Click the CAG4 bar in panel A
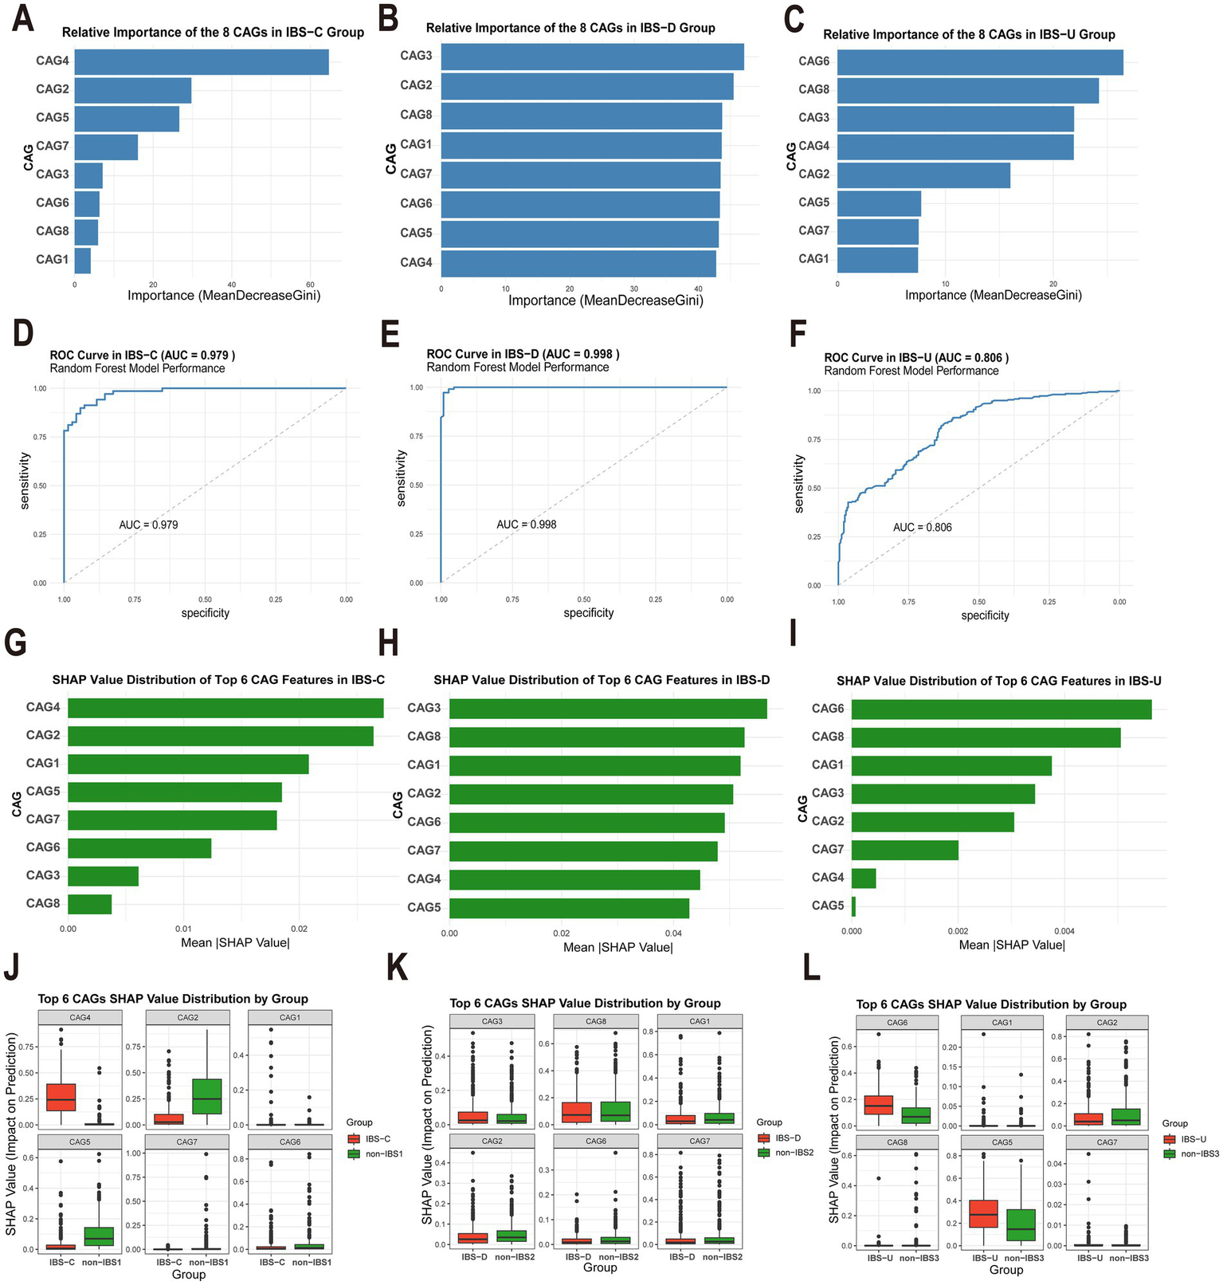pyautogui.click(x=202, y=62)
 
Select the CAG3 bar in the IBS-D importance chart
pyautogui.click(x=592, y=57)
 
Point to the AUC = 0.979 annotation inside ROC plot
pyautogui.click(x=148, y=525)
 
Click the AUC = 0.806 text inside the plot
pyautogui.click(x=922, y=528)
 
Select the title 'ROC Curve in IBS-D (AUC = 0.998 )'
pyautogui.click(x=523, y=354)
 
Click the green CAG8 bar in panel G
pyautogui.click(x=89, y=904)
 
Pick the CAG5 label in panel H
pyautogui.click(x=424, y=907)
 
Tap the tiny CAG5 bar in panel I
pyautogui.click(x=853, y=906)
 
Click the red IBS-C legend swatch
pyautogui.click(x=354, y=1139)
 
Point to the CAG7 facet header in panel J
pyautogui.click(x=187, y=1142)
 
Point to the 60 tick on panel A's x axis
pyautogui.click(x=310, y=285)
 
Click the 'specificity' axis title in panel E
pyautogui.click(x=588, y=613)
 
